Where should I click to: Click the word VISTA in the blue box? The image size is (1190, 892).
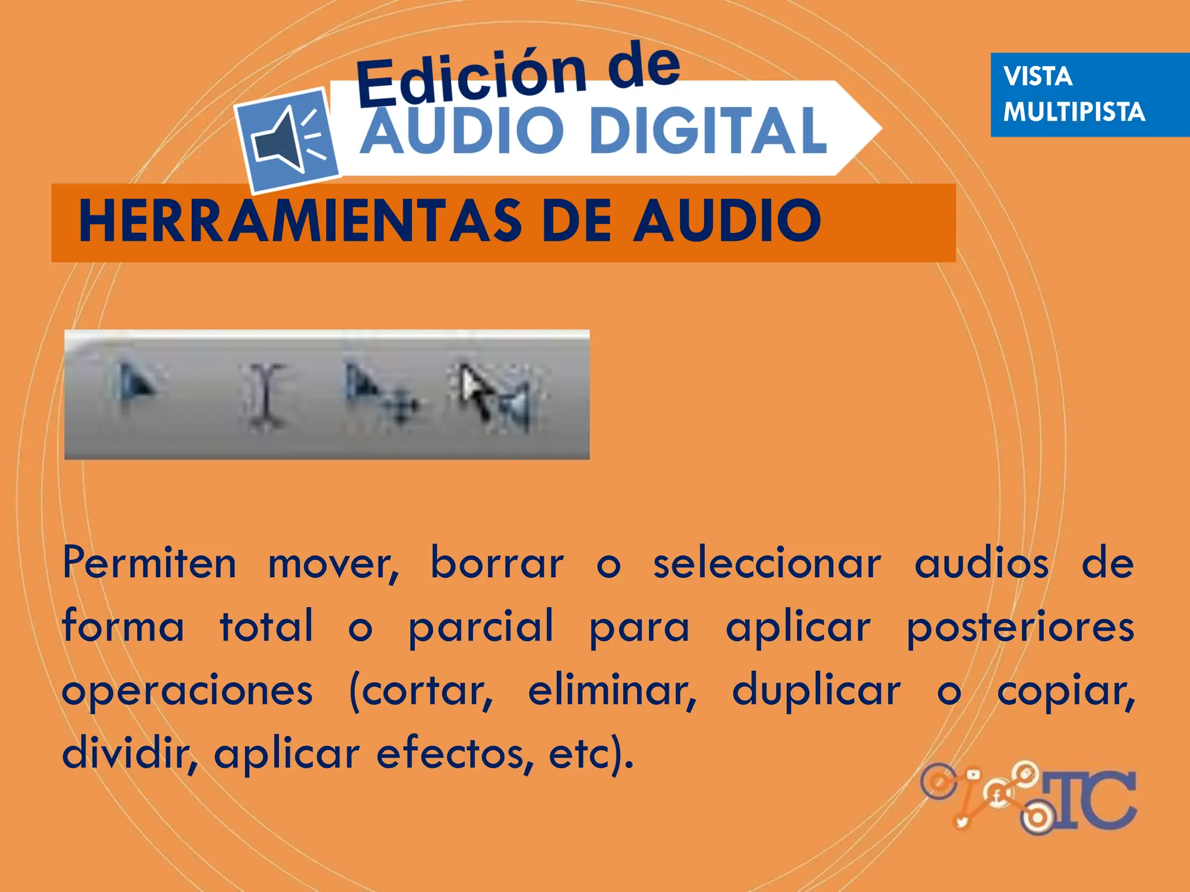pos(1037,77)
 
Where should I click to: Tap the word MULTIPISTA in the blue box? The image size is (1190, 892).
pos(1074,112)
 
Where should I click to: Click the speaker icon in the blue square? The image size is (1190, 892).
pos(286,139)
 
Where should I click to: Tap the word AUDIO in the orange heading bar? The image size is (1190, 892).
pos(726,221)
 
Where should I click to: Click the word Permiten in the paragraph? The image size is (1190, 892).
pos(149,563)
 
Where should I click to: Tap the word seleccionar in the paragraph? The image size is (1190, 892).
pos(767,563)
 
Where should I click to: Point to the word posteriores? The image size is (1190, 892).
pos(1020,627)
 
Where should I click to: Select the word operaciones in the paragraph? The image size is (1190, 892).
pos(187,691)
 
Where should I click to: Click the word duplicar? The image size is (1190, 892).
pos(816,691)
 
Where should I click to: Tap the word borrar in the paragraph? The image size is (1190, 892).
pos(497,563)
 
